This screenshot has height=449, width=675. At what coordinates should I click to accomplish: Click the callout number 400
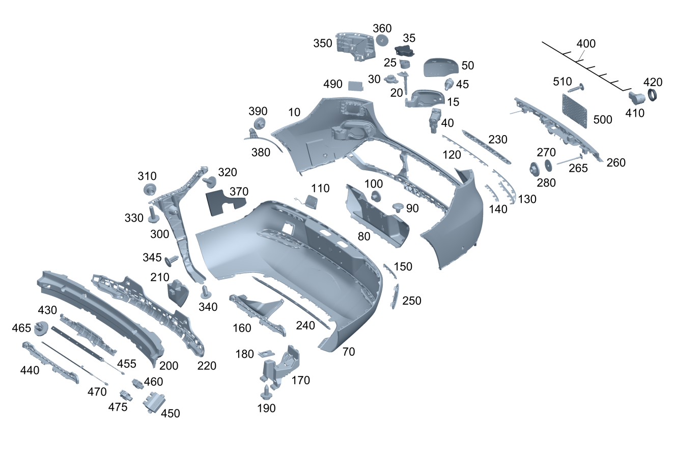pos(586,44)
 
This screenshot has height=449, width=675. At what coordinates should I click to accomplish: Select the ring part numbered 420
pos(653,95)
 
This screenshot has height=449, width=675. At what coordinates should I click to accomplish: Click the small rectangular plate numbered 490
pos(355,85)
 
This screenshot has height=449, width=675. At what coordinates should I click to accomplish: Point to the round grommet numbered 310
pos(149,191)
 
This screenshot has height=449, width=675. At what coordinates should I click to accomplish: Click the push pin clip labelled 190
pos(266,392)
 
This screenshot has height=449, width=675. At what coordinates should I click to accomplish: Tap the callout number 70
pos(348,352)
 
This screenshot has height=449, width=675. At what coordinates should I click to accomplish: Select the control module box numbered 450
pos(152,403)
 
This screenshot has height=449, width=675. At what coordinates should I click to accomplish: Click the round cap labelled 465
pos(41,328)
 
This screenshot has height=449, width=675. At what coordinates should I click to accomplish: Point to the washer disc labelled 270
pos(548,165)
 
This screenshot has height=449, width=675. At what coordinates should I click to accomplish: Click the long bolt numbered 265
pos(570,160)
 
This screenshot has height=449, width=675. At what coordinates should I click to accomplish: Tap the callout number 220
pos(207,365)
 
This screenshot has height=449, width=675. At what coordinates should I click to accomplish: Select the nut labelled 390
pos(259,124)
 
